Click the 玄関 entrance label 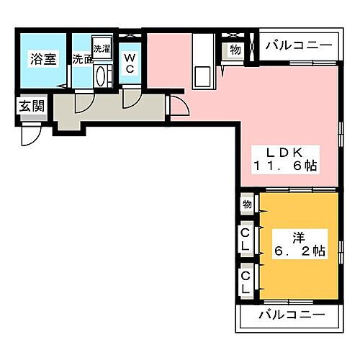[30, 107]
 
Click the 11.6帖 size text [284, 166]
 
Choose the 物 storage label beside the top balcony [235, 50]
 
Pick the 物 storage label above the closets [247, 204]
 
